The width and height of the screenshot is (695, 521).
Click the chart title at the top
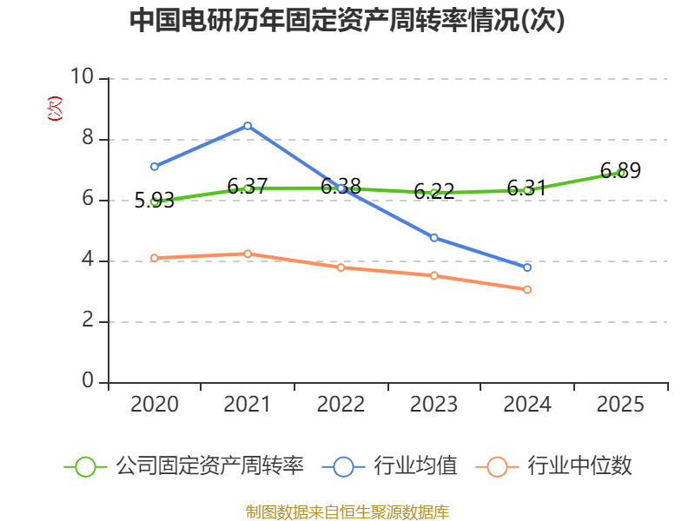347,20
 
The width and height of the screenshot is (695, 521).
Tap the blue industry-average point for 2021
248,126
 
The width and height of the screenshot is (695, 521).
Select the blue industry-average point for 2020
155,167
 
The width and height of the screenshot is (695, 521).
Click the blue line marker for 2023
434,238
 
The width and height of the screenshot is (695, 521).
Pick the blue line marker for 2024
527,267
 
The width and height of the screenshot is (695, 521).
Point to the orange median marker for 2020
155,258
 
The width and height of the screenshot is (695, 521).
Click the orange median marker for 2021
248,254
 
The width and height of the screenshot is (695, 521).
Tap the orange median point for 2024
527,290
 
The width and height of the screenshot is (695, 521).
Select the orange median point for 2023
434,276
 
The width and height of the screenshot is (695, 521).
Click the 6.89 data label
620,170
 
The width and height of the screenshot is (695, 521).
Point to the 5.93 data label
155,201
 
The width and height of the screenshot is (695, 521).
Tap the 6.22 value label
434,191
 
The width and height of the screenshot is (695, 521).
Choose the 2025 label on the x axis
620,404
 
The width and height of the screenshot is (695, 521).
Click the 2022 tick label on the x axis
341,404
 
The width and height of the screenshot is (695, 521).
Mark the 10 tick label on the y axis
83,76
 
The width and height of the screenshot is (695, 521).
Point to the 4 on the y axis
88,259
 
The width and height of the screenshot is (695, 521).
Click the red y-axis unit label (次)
55,109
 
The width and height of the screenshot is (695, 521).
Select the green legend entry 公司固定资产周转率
184,466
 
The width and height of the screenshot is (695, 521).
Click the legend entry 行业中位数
553,466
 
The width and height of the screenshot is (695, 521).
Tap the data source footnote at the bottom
347,512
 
